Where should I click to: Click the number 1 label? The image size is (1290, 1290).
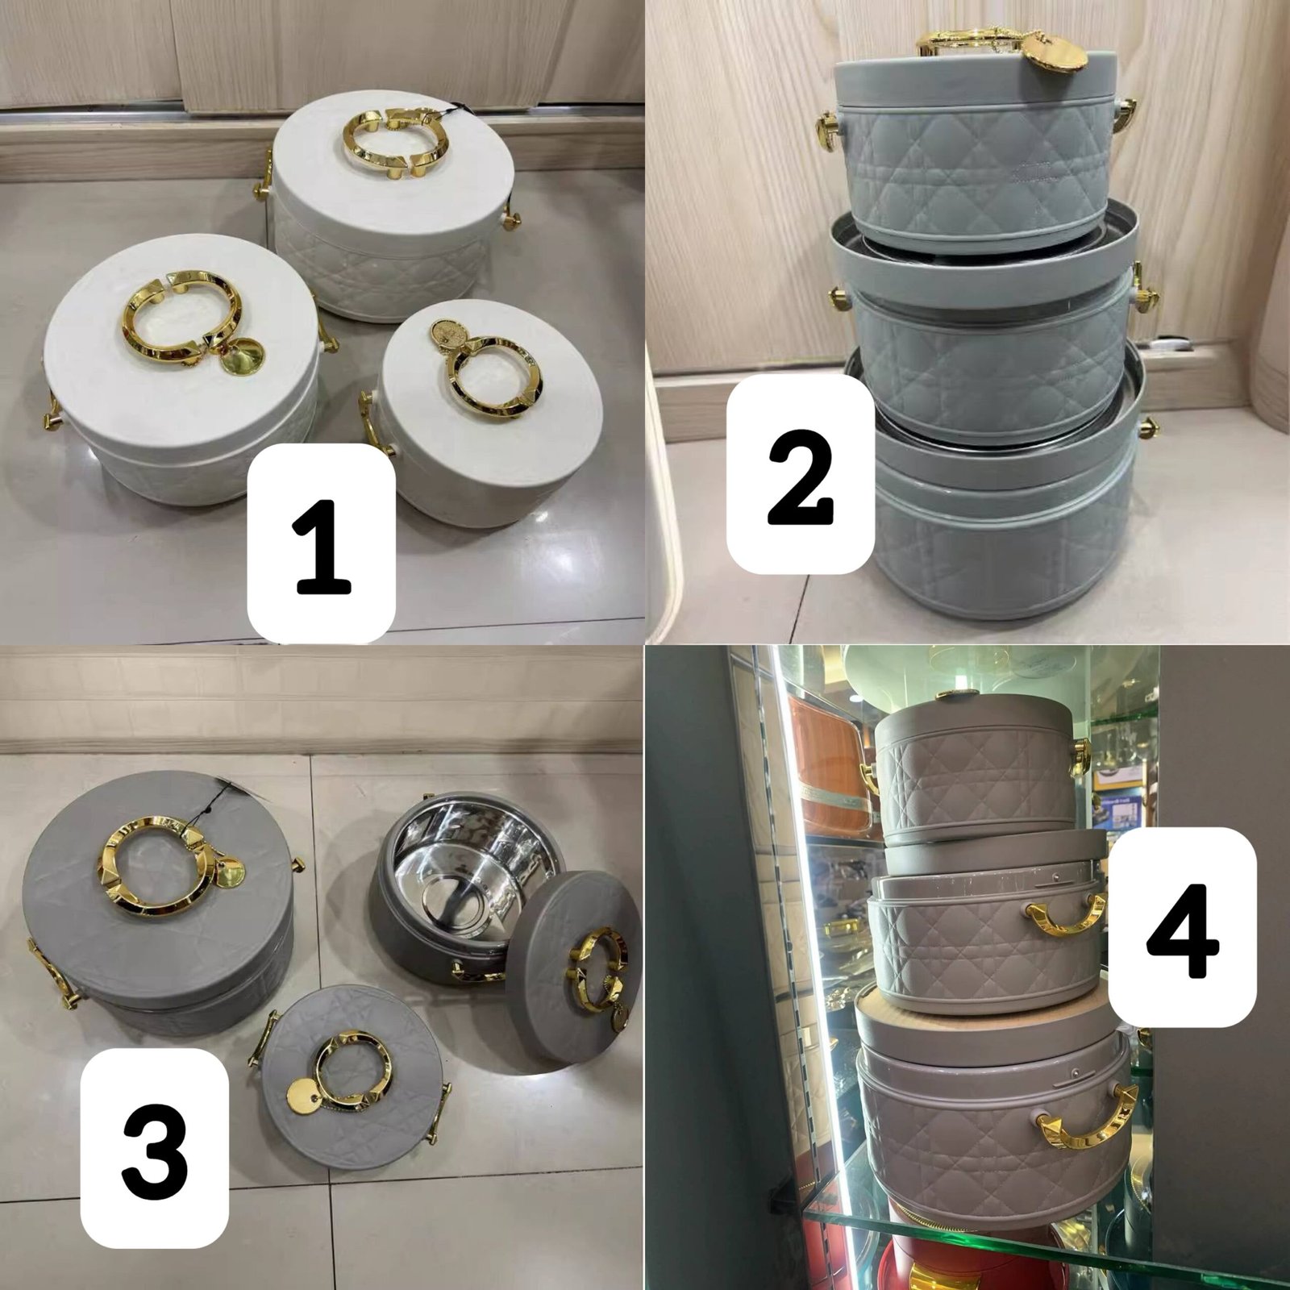coord(321,543)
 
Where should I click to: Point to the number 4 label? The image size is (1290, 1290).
coord(1183,926)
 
